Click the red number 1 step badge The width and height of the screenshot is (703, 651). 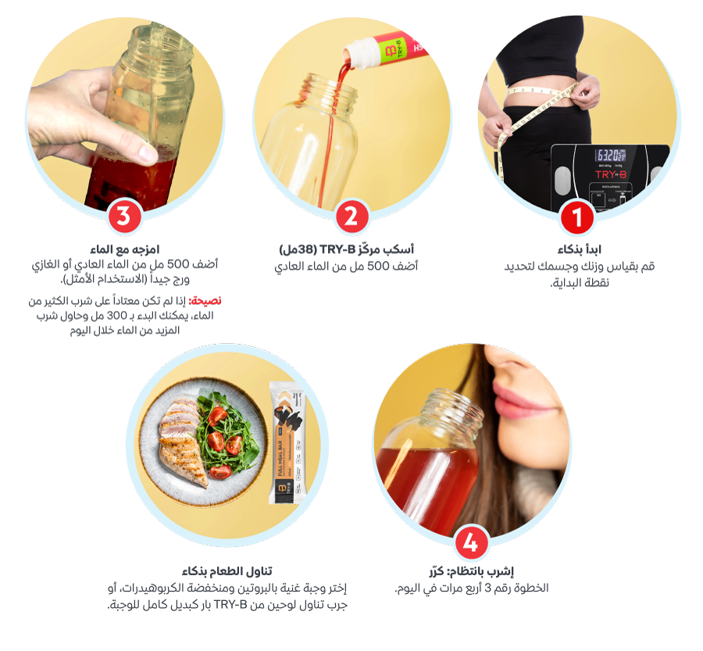click(x=577, y=216)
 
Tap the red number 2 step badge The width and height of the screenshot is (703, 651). click(x=352, y=216)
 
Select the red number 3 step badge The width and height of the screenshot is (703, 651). click(x=124, y=216)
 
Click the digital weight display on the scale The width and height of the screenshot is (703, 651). click(x=610, y=156)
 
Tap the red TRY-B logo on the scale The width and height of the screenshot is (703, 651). click(x=611, y=174)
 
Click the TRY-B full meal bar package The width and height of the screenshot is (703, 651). click(x=287, y=442)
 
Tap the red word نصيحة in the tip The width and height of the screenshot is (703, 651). click(x=205, y=301)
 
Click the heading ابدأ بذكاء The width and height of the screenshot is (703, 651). click(x=580, y=249)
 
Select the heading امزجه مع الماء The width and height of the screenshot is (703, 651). click(x=125, y=249)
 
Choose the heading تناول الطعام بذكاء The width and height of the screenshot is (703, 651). click(x=227, y=571)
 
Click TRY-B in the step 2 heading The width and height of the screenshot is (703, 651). click(x=337, y=249)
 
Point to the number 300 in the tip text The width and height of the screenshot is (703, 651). click(x=116, y=316)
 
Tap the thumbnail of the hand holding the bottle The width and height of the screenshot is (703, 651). click(x=125, y=114)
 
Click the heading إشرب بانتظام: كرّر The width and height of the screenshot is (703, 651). click(x=471, y=571)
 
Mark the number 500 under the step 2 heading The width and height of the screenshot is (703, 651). click(x=378, y=266)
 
